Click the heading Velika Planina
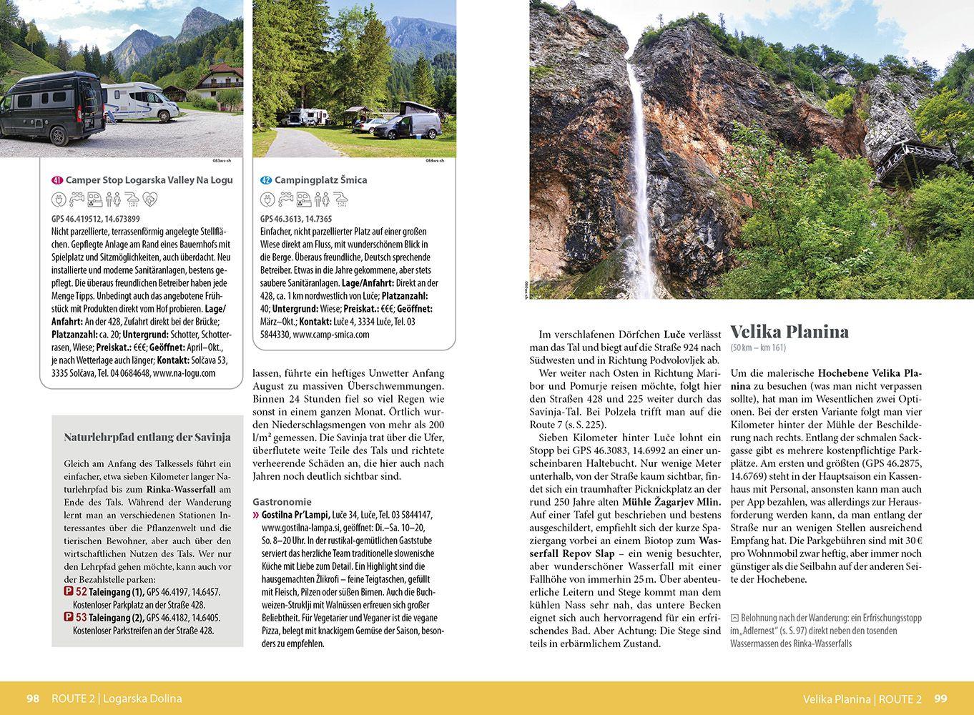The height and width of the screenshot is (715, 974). [789, 332]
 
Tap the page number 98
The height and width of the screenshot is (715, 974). [33, 699]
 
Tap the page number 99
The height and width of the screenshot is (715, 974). [940, 699]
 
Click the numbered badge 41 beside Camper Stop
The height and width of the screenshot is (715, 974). [57, 180]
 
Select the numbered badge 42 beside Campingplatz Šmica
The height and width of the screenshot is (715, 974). [266, 180]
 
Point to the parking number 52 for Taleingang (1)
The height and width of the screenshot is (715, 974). [82, 592]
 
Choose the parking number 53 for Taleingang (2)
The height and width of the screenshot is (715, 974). [82, 618]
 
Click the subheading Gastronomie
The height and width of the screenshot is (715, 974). [282, 502]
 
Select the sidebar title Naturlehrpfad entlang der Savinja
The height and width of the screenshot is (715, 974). [147, 437]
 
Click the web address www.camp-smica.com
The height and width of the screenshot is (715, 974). [331, 335]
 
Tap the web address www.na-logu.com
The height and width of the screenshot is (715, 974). [184, 373]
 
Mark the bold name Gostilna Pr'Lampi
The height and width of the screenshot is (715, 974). [295, 515]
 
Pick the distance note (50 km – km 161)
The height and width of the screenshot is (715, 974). [758, 348]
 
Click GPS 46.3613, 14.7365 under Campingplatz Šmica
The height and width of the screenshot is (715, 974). [296, 219]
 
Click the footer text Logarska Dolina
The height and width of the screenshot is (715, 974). [142, 699]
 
